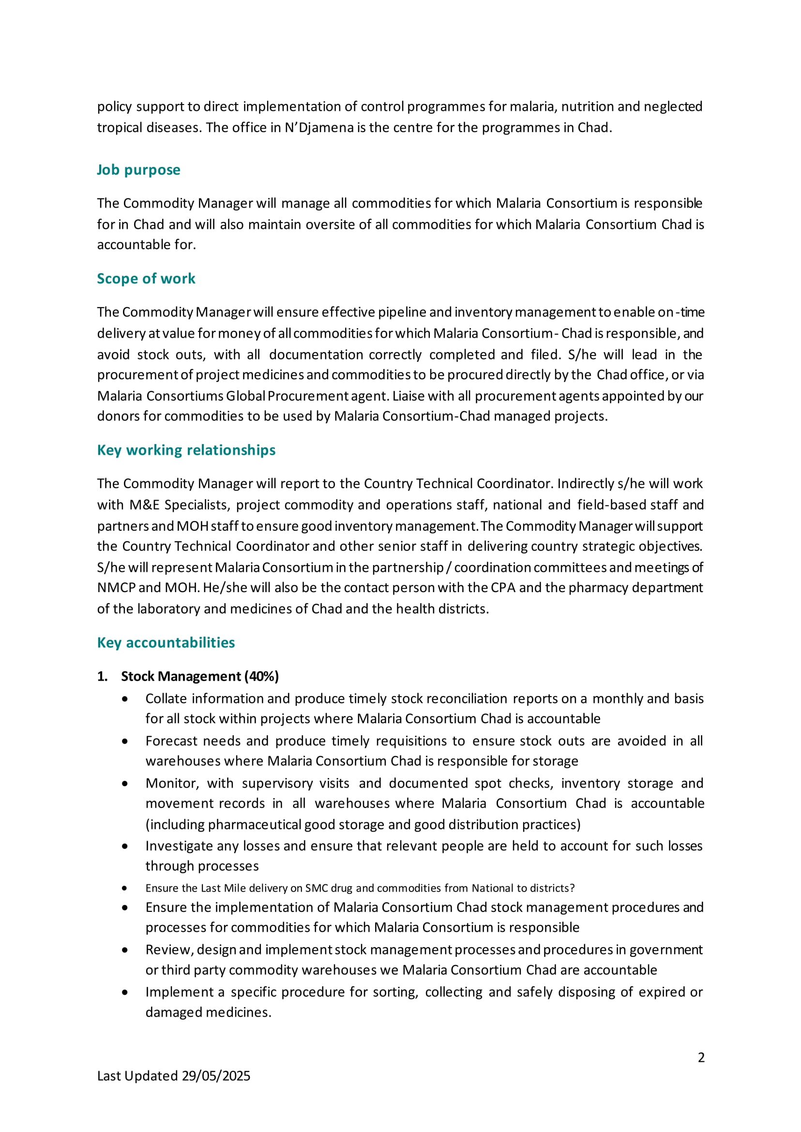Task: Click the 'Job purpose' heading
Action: click(138, 170)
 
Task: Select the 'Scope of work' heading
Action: click(146, 279)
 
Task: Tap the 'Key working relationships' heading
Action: click(186, 450)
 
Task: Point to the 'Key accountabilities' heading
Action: click(166, 642)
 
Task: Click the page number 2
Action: click(701, 1058)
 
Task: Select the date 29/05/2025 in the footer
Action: click(216, 1076)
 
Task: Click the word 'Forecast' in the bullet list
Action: click(171, 741)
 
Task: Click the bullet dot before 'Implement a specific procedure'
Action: click(125, 993)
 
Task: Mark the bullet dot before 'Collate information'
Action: click(125, 699)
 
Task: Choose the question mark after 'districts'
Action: click(572, 889)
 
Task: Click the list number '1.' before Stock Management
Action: click(102, 676)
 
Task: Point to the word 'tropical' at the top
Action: click(120, 128)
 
